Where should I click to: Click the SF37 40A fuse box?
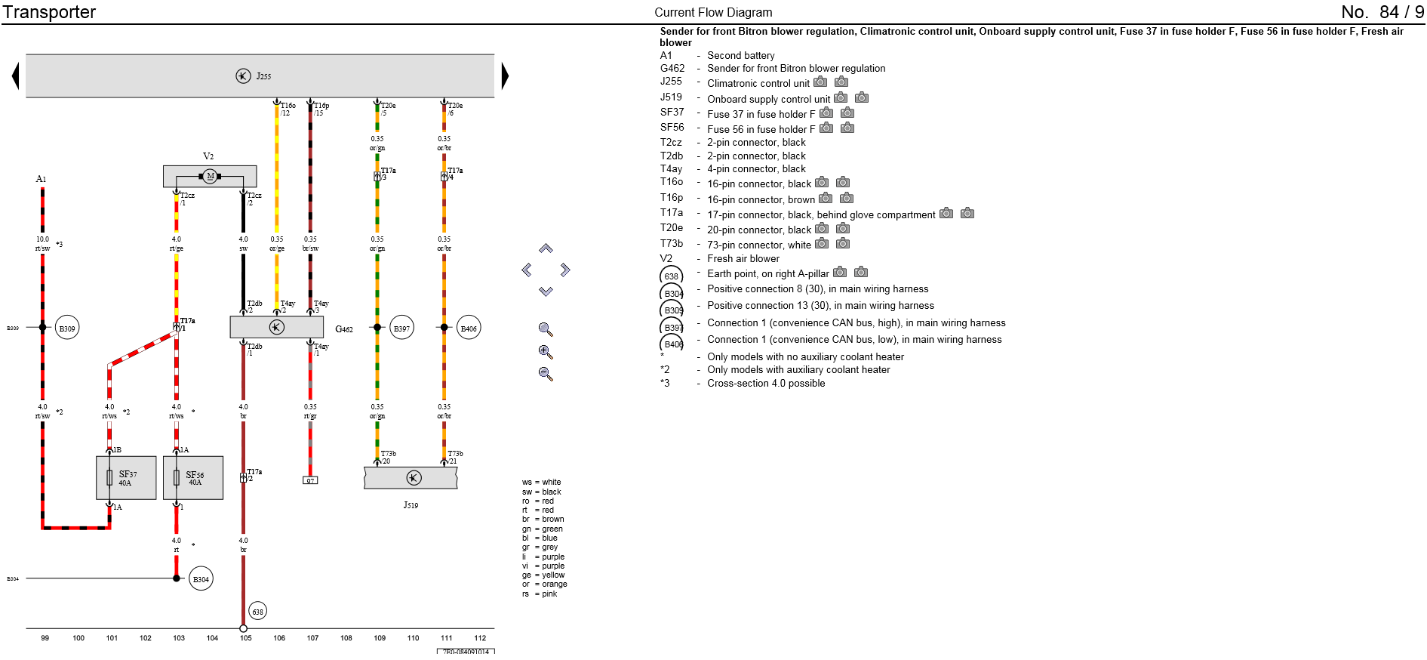(126, 478)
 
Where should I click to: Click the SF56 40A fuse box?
(193, 478)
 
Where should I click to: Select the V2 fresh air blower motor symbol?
(210, 176)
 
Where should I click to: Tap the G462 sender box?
(277, 327)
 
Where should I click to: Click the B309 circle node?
(67, 328)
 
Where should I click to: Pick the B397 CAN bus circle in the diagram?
(402, 328)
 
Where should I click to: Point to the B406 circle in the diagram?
(469, 328)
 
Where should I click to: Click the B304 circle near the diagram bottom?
(201, 579)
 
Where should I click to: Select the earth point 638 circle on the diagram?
(258, 611)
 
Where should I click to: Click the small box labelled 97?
(310, 480)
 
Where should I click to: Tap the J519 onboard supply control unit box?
(411, 478)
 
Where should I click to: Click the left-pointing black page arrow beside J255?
(15, 76)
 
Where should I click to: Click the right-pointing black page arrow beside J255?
(505, 76)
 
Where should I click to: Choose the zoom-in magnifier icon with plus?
(546, 352)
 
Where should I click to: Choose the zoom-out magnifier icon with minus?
(546, 374)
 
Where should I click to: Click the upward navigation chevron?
(546, 248)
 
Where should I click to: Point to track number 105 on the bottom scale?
(246, 638)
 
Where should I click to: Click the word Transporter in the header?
(50, 12)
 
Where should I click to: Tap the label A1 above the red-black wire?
(41, 179)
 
